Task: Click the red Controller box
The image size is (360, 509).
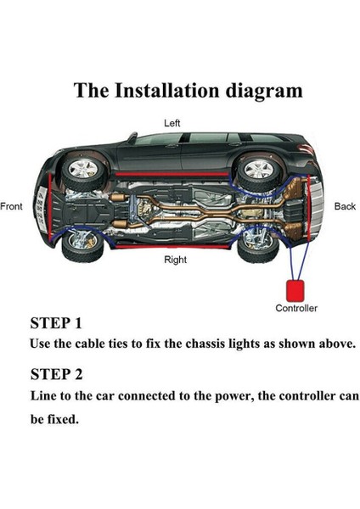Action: (295, 290)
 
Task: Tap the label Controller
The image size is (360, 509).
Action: (296, 308)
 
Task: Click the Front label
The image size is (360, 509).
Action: (11, 206)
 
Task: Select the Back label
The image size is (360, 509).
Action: (345, 206)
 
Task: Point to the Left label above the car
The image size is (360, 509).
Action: (172, 123)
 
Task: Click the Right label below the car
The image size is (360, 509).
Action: (176, 260)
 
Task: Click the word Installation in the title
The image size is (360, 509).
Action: (167, 90)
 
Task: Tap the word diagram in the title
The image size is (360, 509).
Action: (264, 92)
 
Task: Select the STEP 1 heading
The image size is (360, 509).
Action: (56, 323)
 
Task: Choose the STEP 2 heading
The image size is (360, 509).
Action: (57, 374)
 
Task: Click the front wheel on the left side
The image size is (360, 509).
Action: (84, 170)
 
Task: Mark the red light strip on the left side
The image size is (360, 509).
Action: (172, 174)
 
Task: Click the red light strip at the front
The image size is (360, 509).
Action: (50, 207)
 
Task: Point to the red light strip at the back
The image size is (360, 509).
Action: (308, 208)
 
